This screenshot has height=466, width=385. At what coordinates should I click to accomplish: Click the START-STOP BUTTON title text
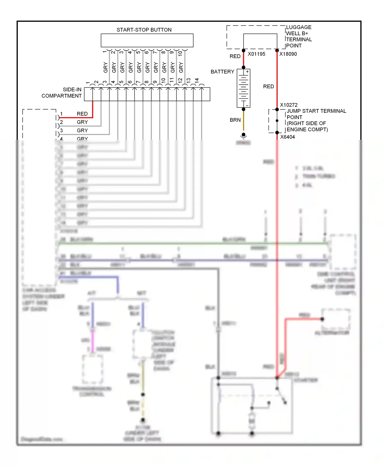pos(144,30)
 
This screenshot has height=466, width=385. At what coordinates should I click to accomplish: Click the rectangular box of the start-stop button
pos(147,40)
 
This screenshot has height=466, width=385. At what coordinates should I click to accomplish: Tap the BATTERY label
pos(222,72)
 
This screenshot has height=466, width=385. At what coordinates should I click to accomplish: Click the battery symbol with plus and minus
pos(243,88)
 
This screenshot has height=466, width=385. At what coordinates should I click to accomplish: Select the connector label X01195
pos(256,54)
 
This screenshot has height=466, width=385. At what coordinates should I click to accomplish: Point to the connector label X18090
pos(288,54)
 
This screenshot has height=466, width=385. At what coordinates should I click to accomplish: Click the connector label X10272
pos(289,105)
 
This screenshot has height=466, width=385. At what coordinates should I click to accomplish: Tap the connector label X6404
pos(287,137)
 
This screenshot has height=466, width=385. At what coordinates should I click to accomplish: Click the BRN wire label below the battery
pos(235,120)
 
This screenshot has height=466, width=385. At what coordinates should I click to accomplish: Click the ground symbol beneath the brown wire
pos(244,135)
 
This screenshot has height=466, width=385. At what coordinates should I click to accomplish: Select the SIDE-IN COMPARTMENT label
pos(62,93)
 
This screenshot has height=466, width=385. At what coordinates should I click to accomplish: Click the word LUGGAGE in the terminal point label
pos(299,27)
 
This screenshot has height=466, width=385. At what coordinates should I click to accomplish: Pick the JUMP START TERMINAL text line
pos(316,111)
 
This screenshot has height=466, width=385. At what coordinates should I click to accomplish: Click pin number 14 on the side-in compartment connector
pos(197,80)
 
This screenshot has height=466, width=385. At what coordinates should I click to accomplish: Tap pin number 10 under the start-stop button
pos(180,53)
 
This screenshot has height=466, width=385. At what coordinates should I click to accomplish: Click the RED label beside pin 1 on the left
pos(82,114)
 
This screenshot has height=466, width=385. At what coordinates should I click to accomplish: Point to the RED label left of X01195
pos(235,56)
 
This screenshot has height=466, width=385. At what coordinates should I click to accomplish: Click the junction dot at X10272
pos(277,109)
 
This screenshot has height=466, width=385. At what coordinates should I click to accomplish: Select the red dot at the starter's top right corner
pos(277,378)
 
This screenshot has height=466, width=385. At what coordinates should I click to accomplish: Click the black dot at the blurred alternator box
pos(322,319)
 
